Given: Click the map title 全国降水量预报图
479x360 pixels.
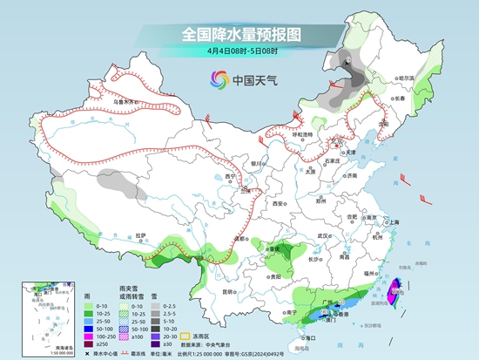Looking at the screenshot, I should [x=240, y=34].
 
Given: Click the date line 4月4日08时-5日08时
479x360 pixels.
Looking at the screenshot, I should [x=240, y=51].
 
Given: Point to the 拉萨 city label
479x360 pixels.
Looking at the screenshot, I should [x=141, y=234].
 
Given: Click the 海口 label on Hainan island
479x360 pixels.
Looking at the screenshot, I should [x=307, y=336].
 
